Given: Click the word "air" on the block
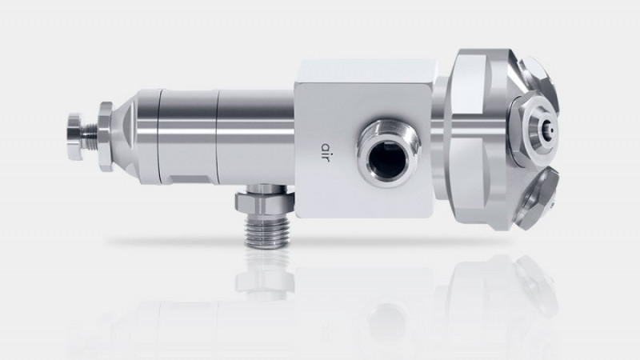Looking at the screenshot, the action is (326, 151).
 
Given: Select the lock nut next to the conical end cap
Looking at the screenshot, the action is (106, 136).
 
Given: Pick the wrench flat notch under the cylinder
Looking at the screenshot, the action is (190, 178).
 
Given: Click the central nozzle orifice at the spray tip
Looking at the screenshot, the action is (551, 130).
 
